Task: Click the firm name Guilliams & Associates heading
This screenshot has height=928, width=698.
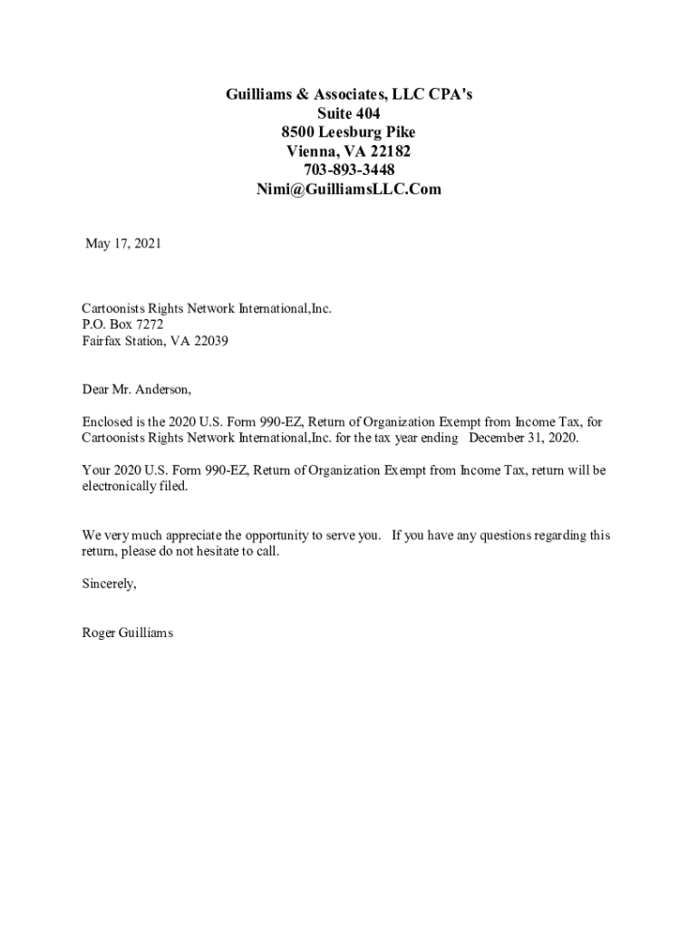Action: pyautogui.click(x=349, y=94)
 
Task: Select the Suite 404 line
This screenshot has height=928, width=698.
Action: pyautogui.click(x=349, y=113)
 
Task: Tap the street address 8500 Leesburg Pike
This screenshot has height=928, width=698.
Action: pyautogui.click(x=349, y=132)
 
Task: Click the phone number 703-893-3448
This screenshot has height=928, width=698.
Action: pyautogui.click(x=349, y=170)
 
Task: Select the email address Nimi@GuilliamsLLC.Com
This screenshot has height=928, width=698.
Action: pyautogui.click(x=349, y=189)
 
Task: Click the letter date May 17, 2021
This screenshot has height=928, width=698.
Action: pyautogui.click(x=123, y=243)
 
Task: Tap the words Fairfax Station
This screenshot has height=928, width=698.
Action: pyautogui.click(x=123, y=341)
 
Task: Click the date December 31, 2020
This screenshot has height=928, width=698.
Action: pyautogui.click(x=523, y=438)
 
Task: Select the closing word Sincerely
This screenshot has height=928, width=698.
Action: pyautogui.click(x=109, y=585)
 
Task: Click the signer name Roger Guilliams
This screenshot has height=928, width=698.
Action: pyautogui.click(x=127, y=633)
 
